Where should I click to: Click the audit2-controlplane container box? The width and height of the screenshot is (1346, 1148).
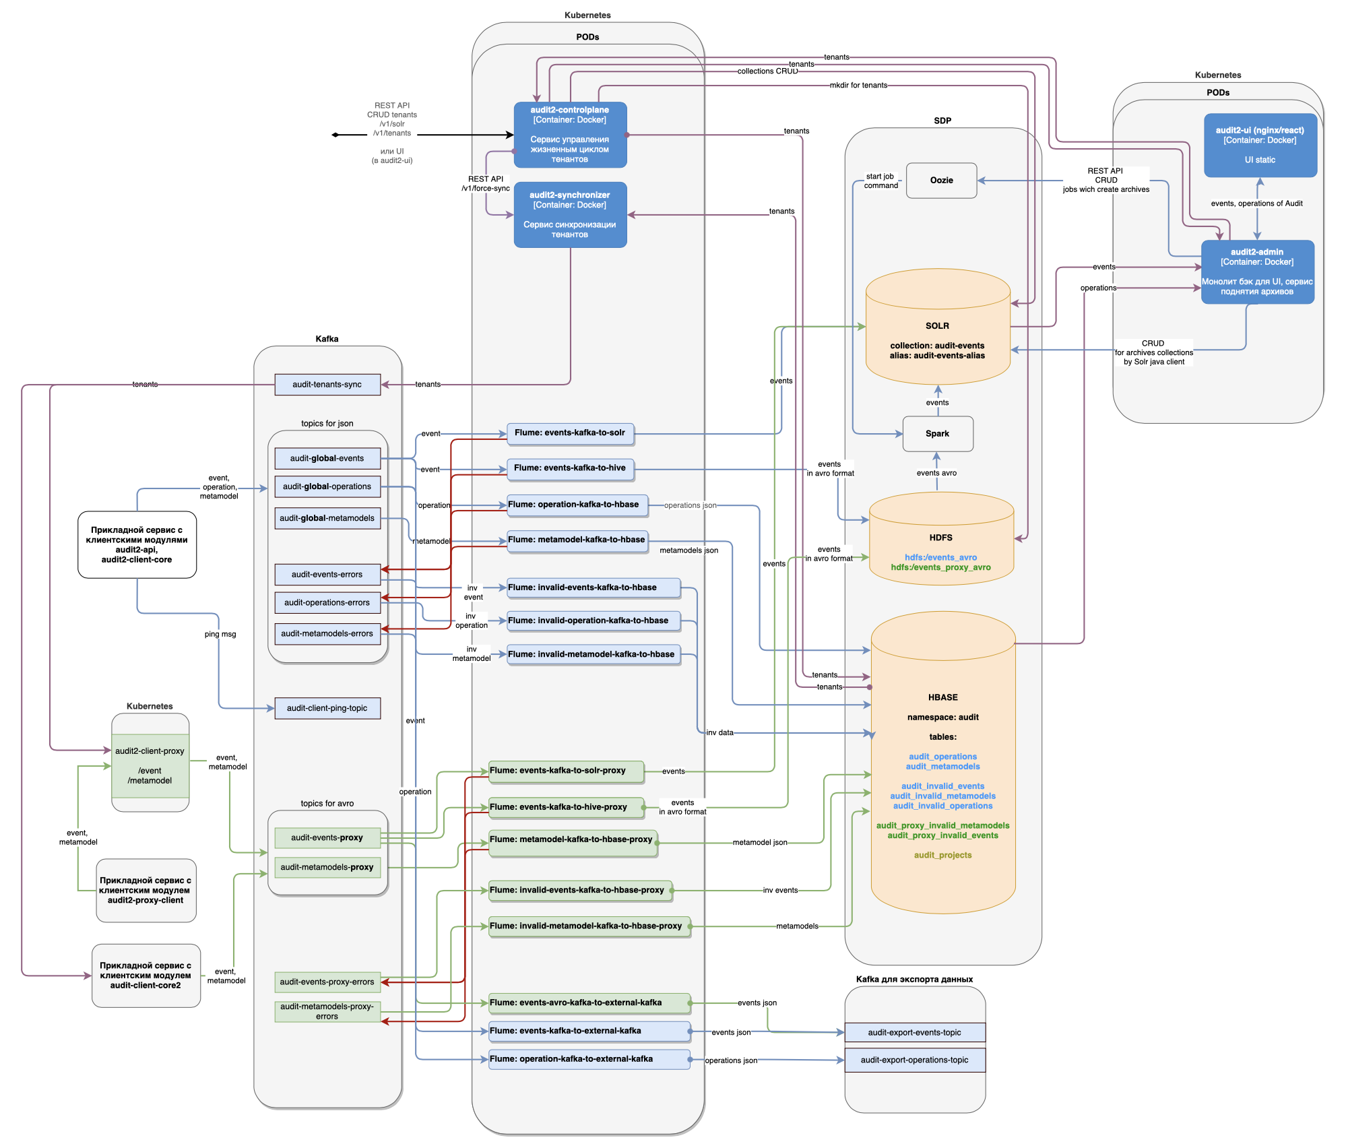[570, 135]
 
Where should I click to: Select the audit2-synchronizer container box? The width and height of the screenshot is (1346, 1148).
[570, 215]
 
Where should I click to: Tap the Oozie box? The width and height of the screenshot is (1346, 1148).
[941, 181]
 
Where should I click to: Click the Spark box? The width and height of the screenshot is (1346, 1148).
[937, 434]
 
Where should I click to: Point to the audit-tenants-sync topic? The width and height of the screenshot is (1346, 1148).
[327, 385]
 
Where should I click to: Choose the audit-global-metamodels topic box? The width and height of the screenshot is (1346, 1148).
[327, 518]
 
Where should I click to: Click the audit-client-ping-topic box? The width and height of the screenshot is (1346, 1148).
[327, 708]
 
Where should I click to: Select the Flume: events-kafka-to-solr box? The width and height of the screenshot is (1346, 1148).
[570, 433]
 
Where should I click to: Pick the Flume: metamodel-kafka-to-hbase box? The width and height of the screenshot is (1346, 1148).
[577, 540]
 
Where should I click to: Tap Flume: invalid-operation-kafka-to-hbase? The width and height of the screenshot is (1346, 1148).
[593, 620]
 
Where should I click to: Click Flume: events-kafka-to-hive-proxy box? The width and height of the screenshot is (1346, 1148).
[566, 807]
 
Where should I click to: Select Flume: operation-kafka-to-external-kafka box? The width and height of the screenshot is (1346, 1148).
[589, 1059]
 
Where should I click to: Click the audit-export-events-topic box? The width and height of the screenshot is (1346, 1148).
[914, 1032]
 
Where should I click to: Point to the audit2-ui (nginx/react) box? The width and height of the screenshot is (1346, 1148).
[1260, 145]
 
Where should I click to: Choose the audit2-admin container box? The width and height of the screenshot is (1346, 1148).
[1257, 272]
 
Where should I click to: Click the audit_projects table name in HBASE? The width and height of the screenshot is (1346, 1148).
[942, 855]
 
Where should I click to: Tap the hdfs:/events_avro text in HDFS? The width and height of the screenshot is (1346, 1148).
[940, 557]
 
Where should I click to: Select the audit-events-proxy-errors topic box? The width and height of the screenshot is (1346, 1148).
[327, 982]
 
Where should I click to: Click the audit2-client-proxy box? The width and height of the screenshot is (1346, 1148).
[150, 765]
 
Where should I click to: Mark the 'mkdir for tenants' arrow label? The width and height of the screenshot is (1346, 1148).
[858, 86]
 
